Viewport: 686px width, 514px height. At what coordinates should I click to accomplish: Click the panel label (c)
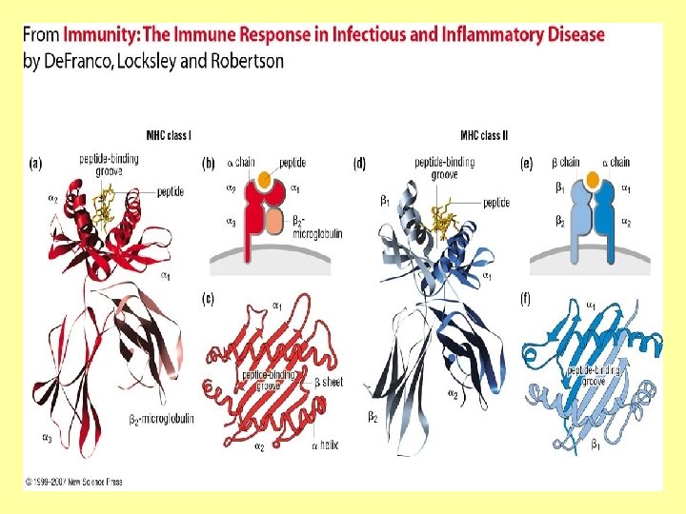[207, 299]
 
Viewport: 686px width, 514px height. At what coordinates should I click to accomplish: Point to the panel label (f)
[526, 299]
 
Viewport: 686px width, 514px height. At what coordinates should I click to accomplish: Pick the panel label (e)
[526, 164]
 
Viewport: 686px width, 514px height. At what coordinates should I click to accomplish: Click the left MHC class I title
[170, 134]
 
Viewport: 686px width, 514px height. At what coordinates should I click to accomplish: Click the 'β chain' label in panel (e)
[569, 163]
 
